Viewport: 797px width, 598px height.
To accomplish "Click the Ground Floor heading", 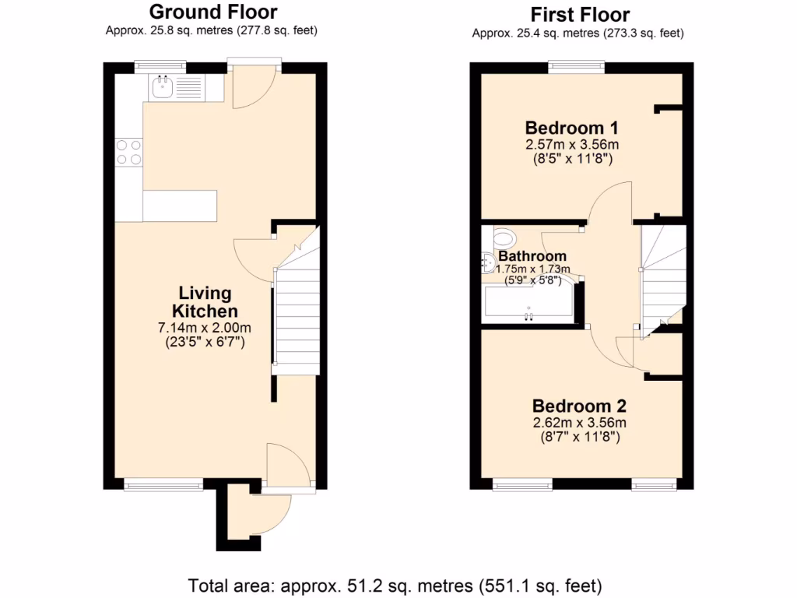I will click(212, 12).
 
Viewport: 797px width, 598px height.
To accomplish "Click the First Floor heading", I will click(580, 14).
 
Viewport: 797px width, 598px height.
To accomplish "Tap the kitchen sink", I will click(164, 87).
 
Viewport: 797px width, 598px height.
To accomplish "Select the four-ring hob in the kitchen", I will click(129, 151).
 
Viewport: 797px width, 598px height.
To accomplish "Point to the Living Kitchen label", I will click(205, 302).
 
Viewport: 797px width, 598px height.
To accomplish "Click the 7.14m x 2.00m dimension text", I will click(205, 328).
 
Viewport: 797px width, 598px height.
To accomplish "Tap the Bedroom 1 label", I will click(571, 128).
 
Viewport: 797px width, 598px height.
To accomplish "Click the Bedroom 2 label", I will click(579, 406).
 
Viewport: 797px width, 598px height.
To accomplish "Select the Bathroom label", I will click(532, 256).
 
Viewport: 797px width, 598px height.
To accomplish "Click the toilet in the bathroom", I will click(503, 237).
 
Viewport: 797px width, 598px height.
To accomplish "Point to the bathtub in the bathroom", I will click(529, 303).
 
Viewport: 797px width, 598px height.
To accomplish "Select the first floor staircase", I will click(662, 273).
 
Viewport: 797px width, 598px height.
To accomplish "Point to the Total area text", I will click(396, 584).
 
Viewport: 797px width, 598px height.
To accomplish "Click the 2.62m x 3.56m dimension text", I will click(579, 423).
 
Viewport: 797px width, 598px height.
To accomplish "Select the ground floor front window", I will click(163, 485).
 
